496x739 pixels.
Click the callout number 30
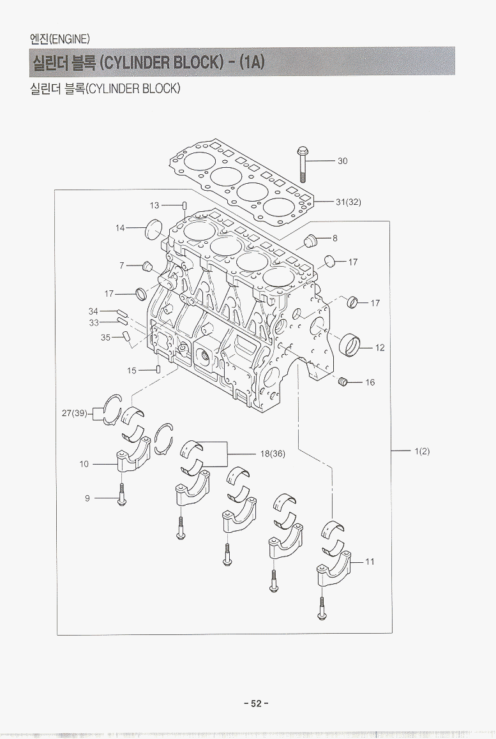coord(342,161)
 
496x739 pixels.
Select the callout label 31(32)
coord(348,202)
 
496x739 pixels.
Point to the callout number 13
coord(154,205)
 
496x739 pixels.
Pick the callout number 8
coord(334,239)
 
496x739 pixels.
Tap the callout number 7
coord(121,265)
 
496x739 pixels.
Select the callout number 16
coord(370,382)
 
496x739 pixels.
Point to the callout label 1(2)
coord(422,451)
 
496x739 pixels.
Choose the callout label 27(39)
coord(74,413)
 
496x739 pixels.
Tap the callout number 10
coord(84,464)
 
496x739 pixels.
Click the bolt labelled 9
coord(121,496)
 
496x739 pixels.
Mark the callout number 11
coord(370,562)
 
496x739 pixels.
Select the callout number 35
coord(105,338)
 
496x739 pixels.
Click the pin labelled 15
coord(158,370)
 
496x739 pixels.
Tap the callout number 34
coord(93,311)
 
